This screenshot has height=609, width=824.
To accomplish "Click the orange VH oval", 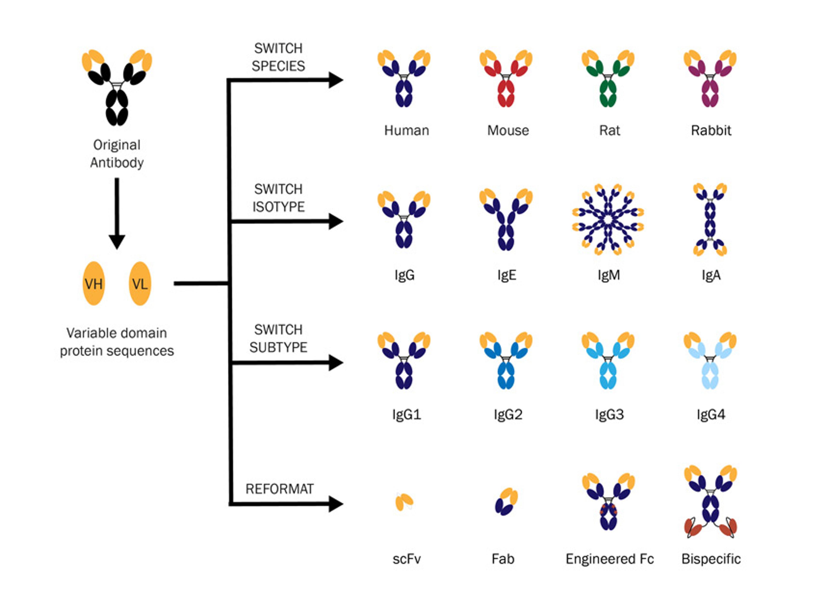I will [94, 284].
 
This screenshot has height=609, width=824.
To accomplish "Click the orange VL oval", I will [140, 284].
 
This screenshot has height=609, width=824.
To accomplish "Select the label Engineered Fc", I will [609, 559].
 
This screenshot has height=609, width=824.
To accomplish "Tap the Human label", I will [406, 131].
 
